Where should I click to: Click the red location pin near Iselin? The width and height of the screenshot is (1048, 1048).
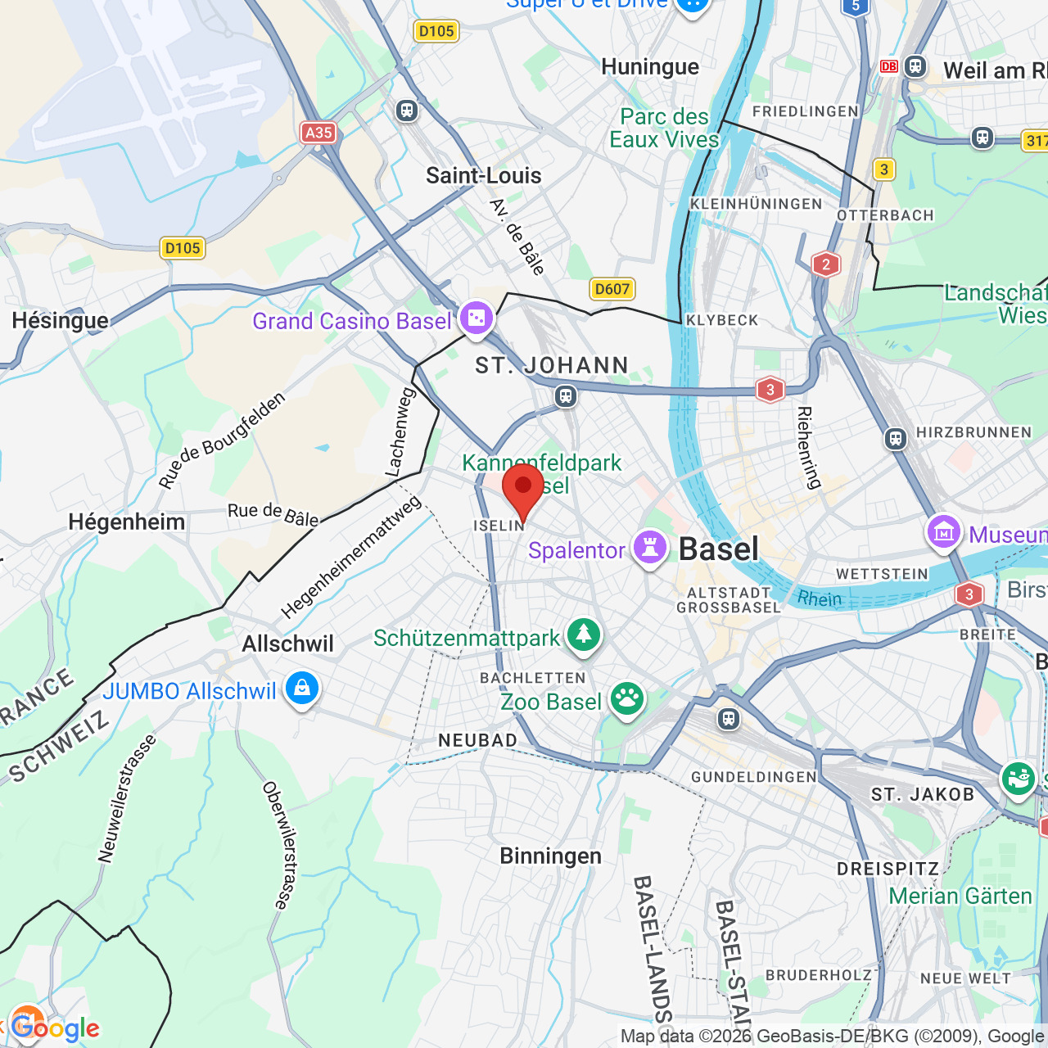pos(522,489)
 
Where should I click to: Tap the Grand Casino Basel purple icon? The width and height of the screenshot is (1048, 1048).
pos(477,318)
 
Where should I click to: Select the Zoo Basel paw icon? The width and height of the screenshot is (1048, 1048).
pos(627,700)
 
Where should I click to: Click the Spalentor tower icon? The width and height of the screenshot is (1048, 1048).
pos(650,549)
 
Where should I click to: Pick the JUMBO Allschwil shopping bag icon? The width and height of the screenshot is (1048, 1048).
pos(301,689)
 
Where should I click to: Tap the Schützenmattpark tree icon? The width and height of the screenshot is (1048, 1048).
pos(584,635)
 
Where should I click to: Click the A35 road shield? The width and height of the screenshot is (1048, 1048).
pos(318,133)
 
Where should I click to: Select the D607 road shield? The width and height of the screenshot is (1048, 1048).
pos(612,288)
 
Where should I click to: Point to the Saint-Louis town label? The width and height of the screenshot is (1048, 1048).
pos(483,175)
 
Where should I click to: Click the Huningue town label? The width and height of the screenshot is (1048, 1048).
pos(650,66)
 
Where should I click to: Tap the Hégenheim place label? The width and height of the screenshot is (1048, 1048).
pos(126,522)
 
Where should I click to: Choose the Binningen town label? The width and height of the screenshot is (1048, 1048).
pos(550,856)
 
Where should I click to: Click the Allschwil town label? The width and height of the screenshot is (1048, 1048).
pos(287,644)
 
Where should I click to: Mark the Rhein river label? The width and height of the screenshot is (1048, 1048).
pos(820,599)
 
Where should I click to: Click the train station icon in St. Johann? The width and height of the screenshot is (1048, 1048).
pos(565,397)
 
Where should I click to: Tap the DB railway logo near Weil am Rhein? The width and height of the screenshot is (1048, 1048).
pos(889,66)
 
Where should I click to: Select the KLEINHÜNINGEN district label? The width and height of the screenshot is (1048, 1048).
pos(756,204)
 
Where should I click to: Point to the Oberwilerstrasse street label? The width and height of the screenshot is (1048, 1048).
pos(277,845)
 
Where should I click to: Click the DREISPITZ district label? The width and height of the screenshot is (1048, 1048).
pos(888,869)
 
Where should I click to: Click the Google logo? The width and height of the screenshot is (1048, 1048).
pos(55,1028)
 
